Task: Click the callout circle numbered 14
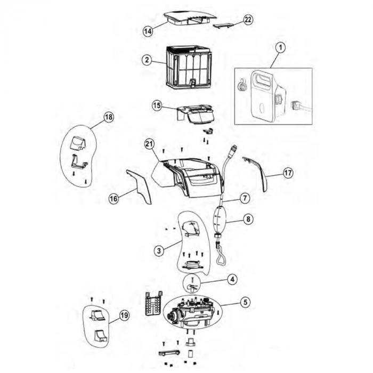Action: click(x=148, y=31)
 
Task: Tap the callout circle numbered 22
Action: click(x=248, y=20)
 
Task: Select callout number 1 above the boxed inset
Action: click(x=281, y=47)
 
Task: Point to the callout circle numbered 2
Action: click(x=147, y=60)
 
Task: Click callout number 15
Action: click(x=157, y=106)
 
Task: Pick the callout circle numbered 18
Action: click(x=109, y=117)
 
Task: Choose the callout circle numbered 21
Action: click(x=149, y=144)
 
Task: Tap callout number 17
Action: click(x=288, y=173)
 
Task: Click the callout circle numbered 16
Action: click(x=113, y=198)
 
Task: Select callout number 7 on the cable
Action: click(x=245, y=198)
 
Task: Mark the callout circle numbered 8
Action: click(x=248, y=219)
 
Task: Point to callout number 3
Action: click(x=159, y=250)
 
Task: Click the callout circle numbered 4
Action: click(x=232, y=279)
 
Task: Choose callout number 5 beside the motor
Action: click(x=245, y=302)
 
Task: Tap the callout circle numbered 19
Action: click(x=124, y=315)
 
